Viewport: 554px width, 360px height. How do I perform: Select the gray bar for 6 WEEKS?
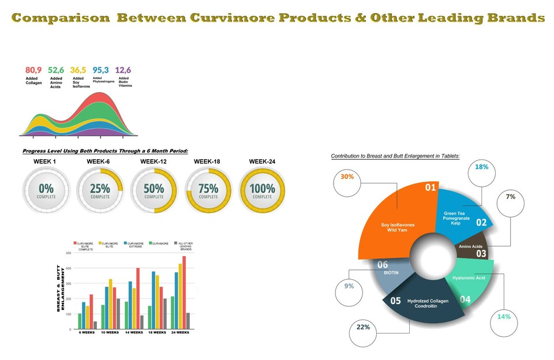95,325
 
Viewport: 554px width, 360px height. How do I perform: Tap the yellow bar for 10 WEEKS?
110,304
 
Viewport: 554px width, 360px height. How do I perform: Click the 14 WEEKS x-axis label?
134,333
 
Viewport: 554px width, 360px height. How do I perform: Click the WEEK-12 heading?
153,162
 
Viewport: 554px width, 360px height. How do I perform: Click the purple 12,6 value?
123,70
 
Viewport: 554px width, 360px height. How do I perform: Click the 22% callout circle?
364,328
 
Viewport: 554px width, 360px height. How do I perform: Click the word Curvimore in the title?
232,18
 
